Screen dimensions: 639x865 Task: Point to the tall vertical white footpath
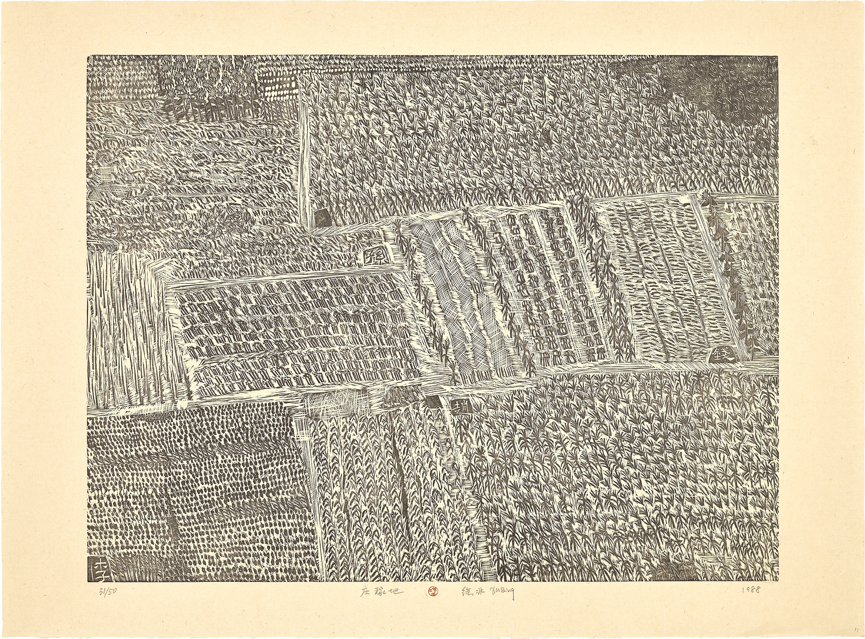click(305, 162)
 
